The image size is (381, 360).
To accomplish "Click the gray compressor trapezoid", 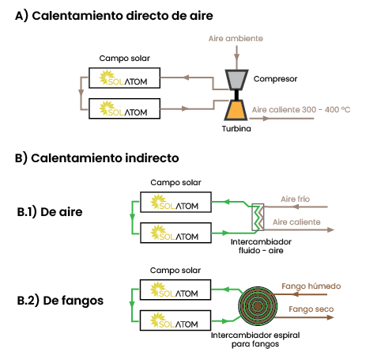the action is [236, 80].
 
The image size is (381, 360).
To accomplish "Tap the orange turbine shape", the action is [236, 110].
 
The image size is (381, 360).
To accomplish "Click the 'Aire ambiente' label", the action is [236, 39].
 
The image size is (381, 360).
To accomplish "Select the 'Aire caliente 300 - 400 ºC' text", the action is [301, 109].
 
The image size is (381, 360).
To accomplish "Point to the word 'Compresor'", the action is [275, 78].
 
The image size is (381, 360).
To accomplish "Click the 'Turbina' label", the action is [236, 129].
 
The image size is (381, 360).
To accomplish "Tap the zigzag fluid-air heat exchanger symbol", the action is [258, 218].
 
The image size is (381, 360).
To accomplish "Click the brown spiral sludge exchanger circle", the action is [258, 306].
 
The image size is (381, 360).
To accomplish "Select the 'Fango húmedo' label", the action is [311, 286].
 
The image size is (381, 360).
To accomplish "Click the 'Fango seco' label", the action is [311, 309].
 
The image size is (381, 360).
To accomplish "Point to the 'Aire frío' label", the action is [296, 199].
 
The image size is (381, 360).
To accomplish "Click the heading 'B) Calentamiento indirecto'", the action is [97, 158].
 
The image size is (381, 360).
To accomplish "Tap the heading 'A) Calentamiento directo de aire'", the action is [114, 16].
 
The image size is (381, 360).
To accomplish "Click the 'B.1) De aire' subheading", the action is [50, 212].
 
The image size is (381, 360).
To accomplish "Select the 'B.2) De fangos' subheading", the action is [60, 301].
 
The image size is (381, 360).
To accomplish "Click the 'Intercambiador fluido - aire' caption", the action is [261, 246].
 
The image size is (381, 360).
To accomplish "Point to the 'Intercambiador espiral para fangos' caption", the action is [255, 339].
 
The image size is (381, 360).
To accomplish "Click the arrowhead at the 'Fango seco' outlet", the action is [330, 317].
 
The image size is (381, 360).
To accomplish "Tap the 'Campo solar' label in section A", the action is [124, 59].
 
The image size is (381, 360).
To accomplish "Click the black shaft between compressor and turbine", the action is [236, 95].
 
